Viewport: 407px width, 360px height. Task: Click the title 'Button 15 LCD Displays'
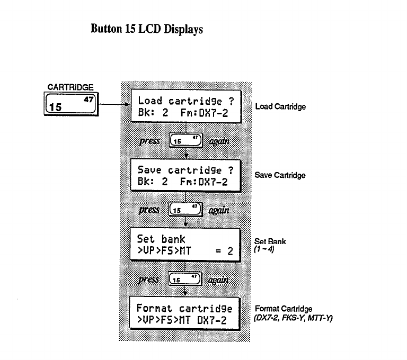(x=147, y=30)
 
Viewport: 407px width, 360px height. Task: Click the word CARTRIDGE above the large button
(x=70, y=87)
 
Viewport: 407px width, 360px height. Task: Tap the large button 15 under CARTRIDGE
(x=71, y=103)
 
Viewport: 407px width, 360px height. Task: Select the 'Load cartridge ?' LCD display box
(x=185, y=105)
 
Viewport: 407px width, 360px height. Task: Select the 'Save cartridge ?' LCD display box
(x=185, y=176)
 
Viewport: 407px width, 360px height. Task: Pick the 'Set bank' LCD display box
(x=185, y=245)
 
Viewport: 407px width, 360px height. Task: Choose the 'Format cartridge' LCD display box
(x=185, y=314)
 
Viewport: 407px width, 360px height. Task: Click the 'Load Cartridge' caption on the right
(x=280, y=106)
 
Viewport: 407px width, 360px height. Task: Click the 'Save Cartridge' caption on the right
(x=280, y=175)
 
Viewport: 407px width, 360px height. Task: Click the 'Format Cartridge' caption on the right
(x=284, y=309)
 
